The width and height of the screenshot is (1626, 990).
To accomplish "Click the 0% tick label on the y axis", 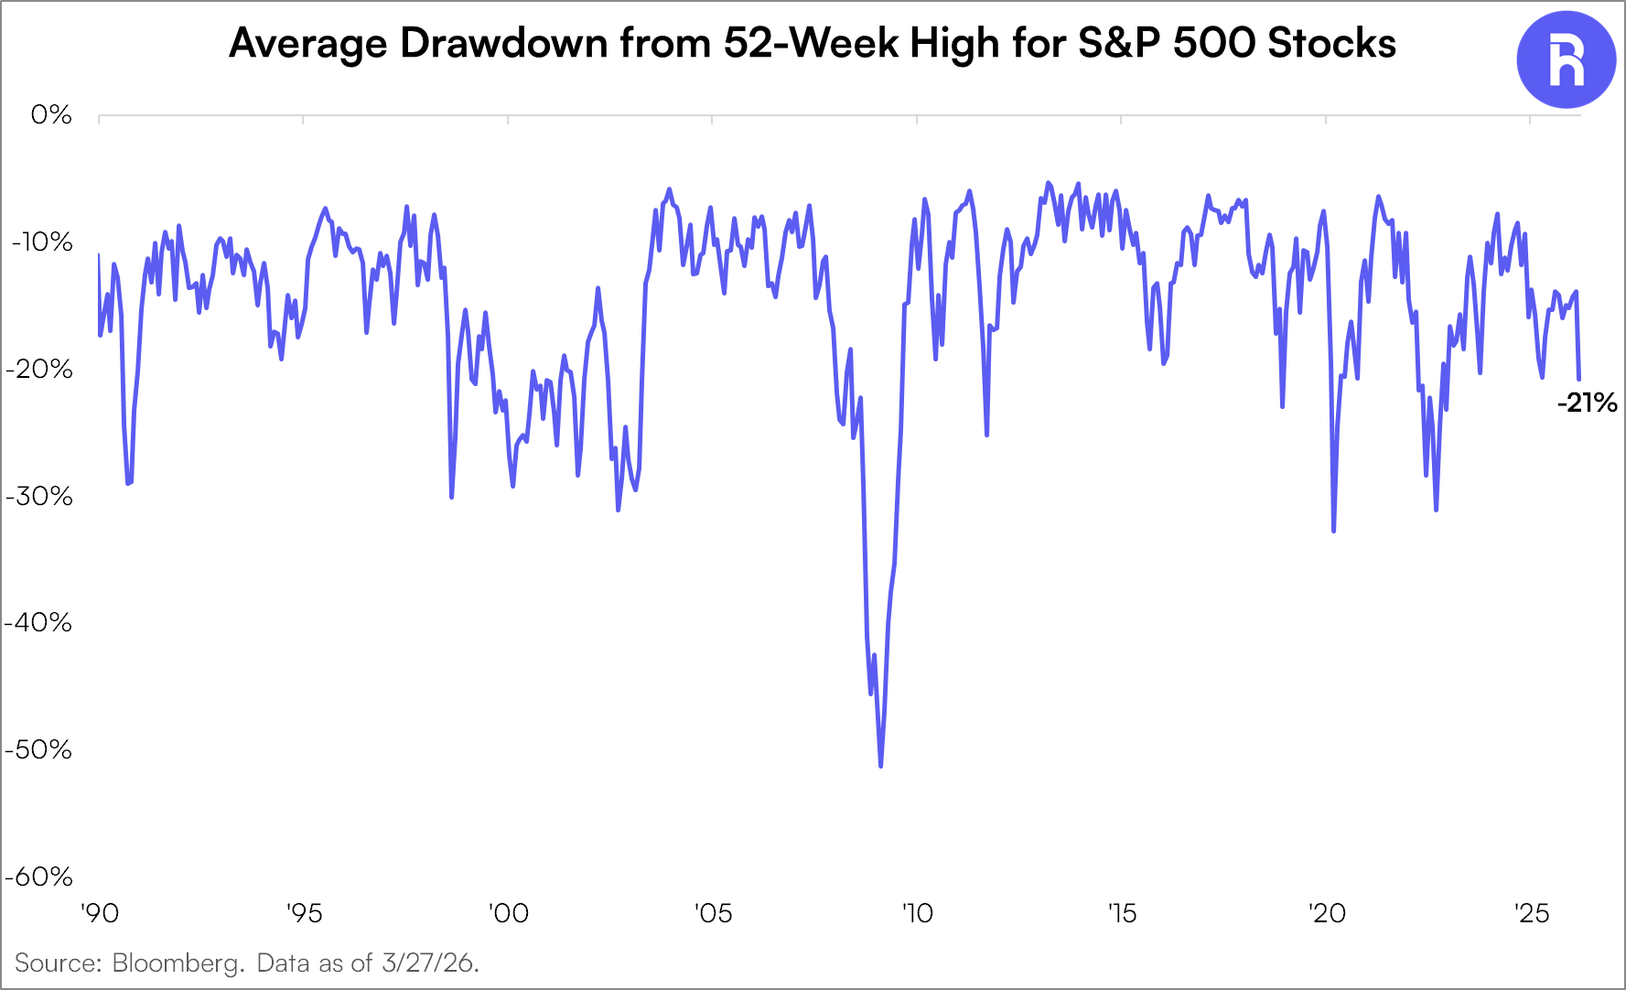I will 51,115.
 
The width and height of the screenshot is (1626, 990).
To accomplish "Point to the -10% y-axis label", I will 41,242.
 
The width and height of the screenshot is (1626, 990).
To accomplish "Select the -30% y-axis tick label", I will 39,496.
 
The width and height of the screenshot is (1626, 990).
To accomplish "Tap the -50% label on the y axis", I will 39,750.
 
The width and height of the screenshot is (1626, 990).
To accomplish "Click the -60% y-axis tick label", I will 39,877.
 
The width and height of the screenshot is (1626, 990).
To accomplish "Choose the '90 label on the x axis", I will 99,913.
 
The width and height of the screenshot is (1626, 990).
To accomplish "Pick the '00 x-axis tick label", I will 508,913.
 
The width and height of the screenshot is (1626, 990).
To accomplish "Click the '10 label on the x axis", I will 917,913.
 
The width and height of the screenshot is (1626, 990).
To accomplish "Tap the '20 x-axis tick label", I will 1326,913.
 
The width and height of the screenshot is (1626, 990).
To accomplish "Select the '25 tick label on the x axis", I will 1531,913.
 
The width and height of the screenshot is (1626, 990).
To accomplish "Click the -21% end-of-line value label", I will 1587,404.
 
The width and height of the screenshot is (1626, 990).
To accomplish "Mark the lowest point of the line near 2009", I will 880,766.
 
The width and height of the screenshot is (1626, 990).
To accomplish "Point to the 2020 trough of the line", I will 1333,531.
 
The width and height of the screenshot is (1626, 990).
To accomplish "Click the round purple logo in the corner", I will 1566,60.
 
